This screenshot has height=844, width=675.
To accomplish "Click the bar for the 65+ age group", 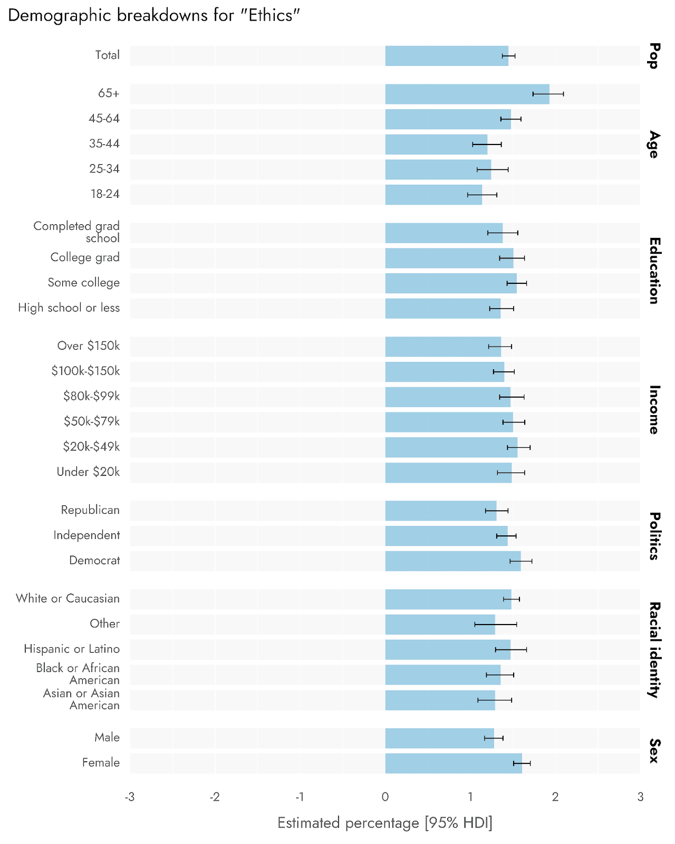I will coord(467,94).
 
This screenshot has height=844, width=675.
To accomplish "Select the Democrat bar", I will coord(452,561).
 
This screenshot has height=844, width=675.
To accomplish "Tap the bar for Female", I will coord(453,763).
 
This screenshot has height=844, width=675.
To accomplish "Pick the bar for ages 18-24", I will coord(433,195).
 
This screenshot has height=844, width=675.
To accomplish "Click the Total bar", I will coord(446,56).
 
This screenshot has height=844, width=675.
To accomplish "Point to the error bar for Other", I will coord(496,625).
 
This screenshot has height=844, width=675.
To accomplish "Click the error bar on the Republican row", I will coord(497,511).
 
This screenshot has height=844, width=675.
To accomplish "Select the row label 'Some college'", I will coord(83,283).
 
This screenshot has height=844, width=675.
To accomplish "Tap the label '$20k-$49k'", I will coord(91,447).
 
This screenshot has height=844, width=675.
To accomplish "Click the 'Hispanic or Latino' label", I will coord(72,649).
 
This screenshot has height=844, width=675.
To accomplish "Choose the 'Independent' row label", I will coord(86,535).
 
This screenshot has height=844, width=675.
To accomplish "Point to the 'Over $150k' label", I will coord(89,346).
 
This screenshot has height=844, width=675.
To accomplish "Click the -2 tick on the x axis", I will coord(215,797).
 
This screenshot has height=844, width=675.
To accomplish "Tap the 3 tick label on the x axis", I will coord(640,797).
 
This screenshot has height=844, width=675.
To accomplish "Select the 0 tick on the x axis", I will coord(385,797).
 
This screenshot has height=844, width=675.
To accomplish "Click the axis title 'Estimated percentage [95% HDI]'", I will coord(385,823).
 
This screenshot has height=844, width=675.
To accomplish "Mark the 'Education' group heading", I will coord(654,271).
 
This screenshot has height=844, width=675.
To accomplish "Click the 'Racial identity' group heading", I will coord(654,650).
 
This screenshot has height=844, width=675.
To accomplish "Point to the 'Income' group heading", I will coord(654,410).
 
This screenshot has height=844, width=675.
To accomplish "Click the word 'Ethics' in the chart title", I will coord(271,15).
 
